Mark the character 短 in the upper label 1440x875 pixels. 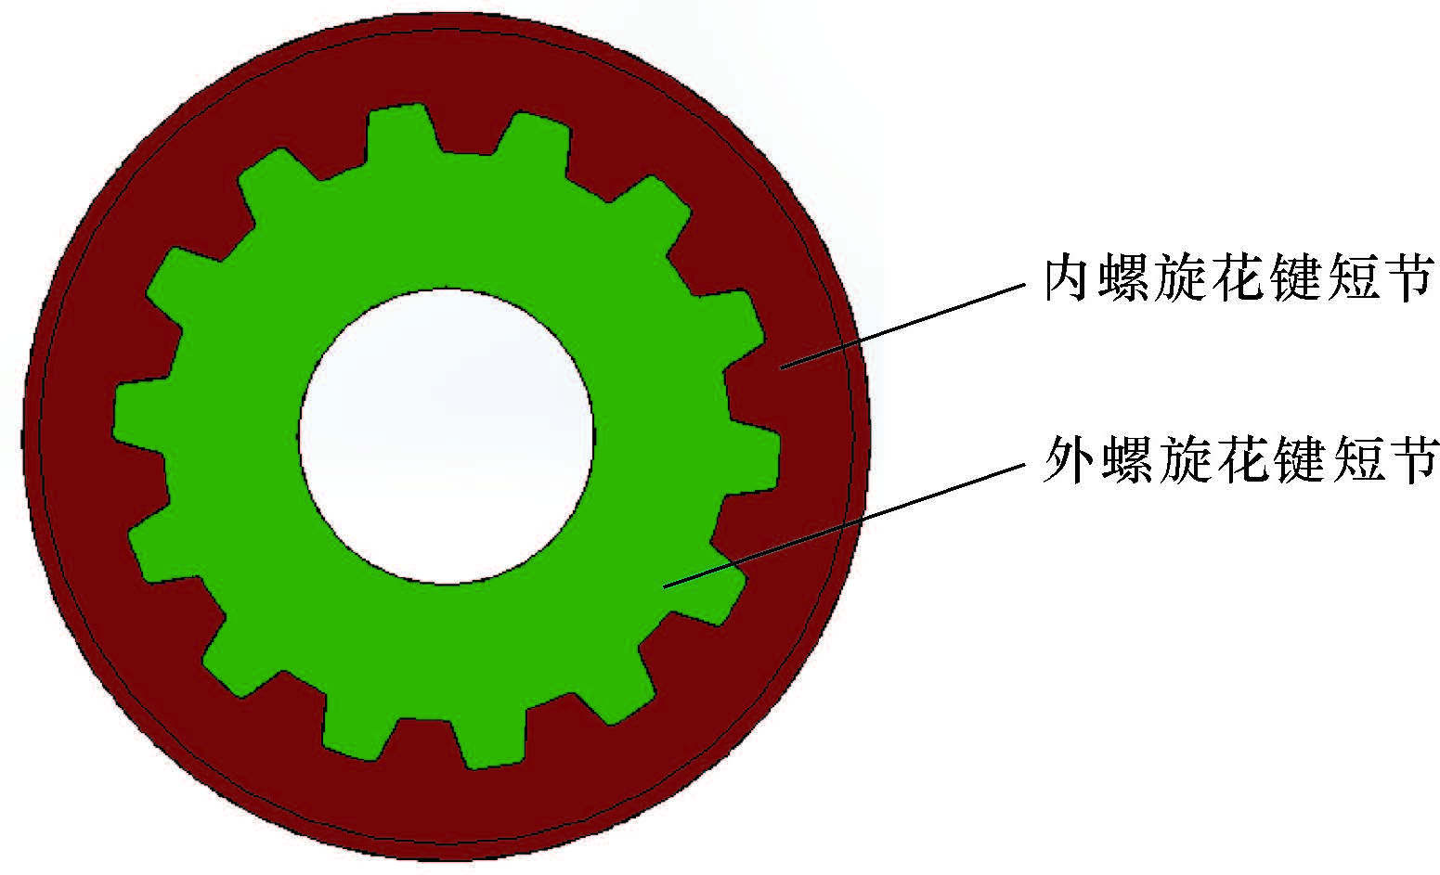[x=1353, y=277]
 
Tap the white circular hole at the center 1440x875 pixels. [x=446, y=436]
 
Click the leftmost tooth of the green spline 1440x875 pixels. [x=139, y=408]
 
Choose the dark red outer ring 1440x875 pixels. [x=446, y=807]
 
